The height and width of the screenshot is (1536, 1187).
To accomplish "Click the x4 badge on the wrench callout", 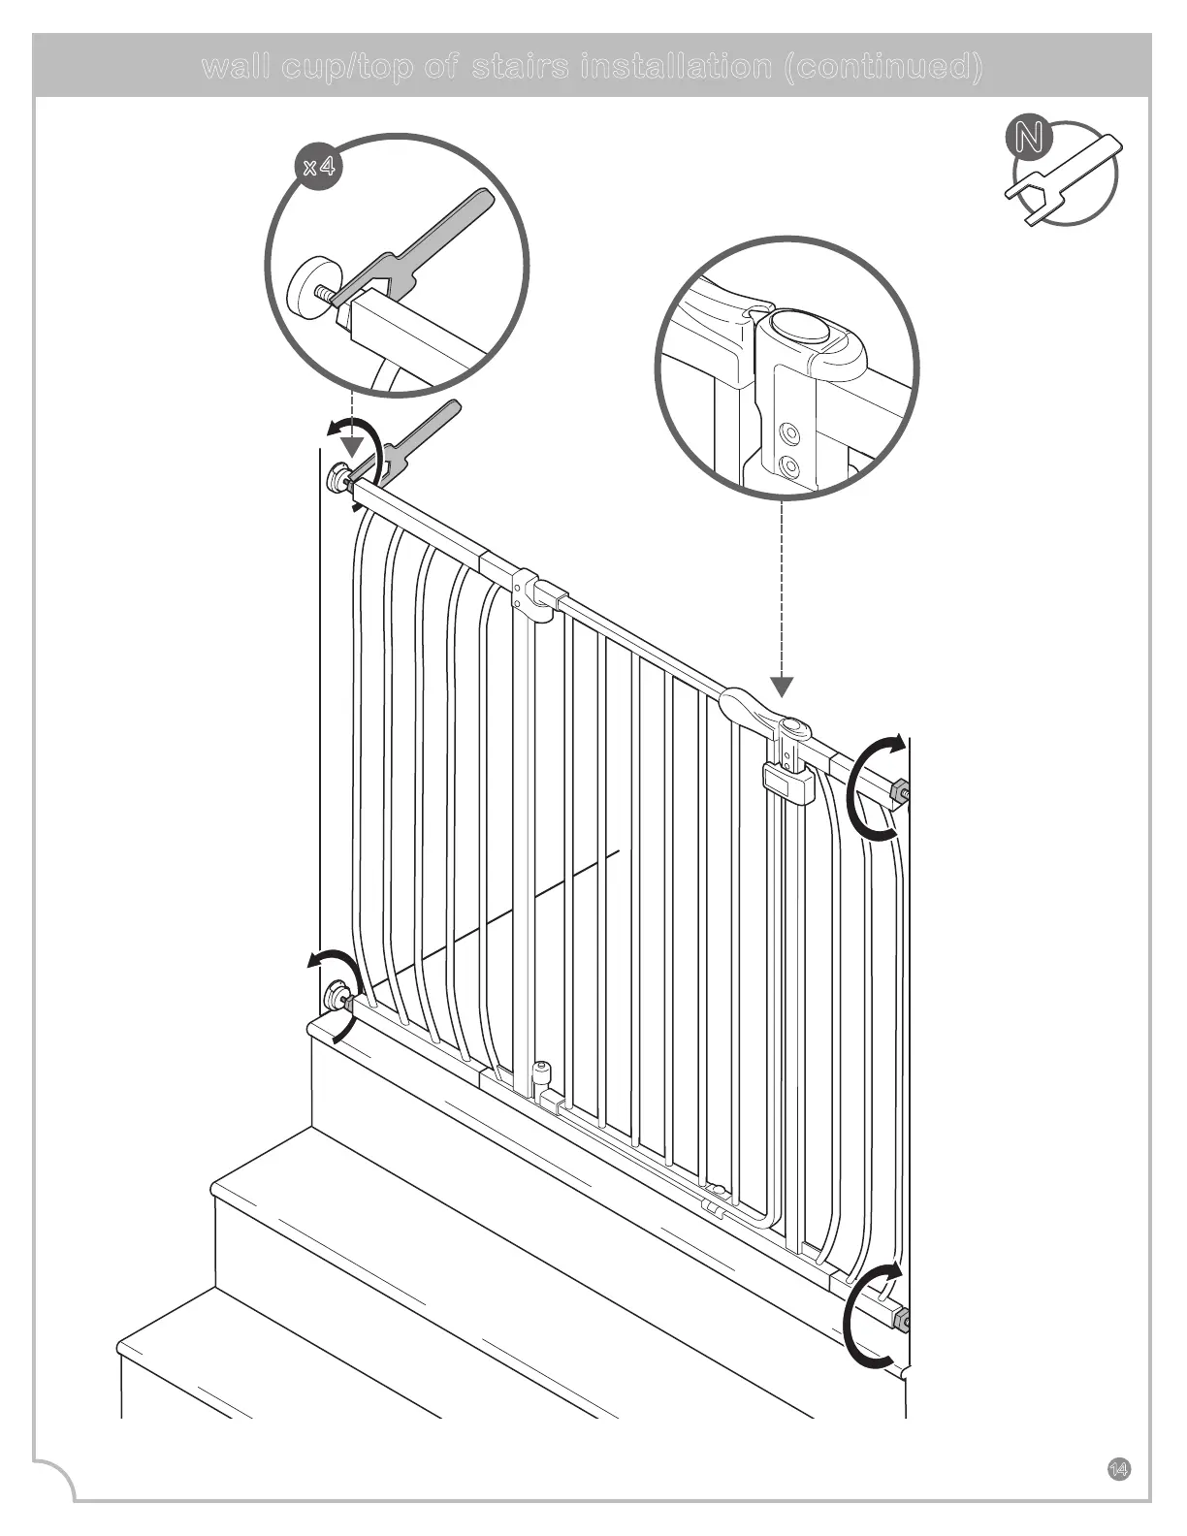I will pyautogui.click(x=319, y=167).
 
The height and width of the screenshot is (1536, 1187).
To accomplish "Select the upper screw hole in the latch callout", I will pyautogui.click(x=792, y=432).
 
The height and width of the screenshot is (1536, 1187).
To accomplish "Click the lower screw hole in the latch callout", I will pyautogui.click(x=791, y=468).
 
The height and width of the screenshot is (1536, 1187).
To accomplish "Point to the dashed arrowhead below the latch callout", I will pyautogui.click(x=782, y=688).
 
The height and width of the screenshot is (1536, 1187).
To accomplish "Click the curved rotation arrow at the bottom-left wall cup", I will pyautogui.click(x=330, y=965).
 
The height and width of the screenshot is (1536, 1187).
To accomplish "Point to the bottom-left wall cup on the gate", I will pyautogui.click(x=337, y=994).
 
